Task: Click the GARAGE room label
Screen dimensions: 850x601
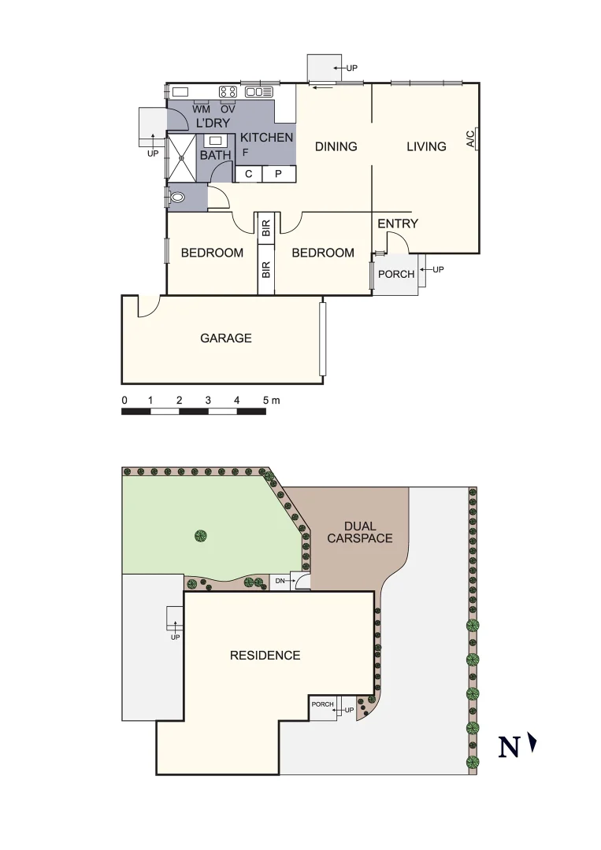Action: point(226,338)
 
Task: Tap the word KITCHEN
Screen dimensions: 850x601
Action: point(266,138)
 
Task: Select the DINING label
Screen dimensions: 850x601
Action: point(336,146)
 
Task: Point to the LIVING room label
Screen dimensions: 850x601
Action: point(427,146)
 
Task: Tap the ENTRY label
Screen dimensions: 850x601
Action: point(398,224)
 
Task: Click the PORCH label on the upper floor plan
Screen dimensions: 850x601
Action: point(396,275)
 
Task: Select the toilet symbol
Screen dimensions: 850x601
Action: point(178,198)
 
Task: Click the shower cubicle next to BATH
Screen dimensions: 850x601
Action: point(182,158)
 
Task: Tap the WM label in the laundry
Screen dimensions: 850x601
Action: point(201,109)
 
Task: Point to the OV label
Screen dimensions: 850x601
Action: point(228,109)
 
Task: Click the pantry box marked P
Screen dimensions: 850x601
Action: point(278,174)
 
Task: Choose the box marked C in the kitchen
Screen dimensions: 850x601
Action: point(249,174)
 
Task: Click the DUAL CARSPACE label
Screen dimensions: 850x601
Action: point(360,533)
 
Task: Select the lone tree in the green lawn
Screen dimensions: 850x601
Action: point(200,536)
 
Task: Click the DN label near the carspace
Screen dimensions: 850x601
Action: point(280,582)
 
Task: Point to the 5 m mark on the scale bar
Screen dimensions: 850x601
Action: point(268,401)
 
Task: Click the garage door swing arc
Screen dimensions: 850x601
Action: point(149,307)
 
